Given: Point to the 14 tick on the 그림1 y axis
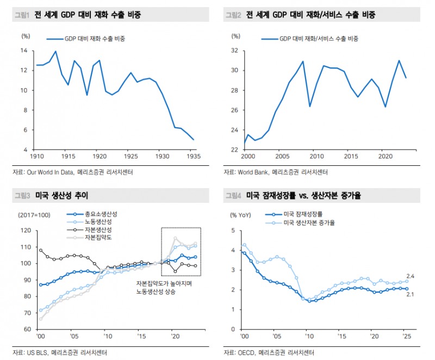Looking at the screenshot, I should tap(24, 51).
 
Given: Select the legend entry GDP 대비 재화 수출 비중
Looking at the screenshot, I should tap(93, 39).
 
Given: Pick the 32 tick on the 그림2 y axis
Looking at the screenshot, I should tap(235, 51).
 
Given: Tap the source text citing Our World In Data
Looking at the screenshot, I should tap(73, 172).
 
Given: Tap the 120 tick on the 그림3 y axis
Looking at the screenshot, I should tap(24, 231).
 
